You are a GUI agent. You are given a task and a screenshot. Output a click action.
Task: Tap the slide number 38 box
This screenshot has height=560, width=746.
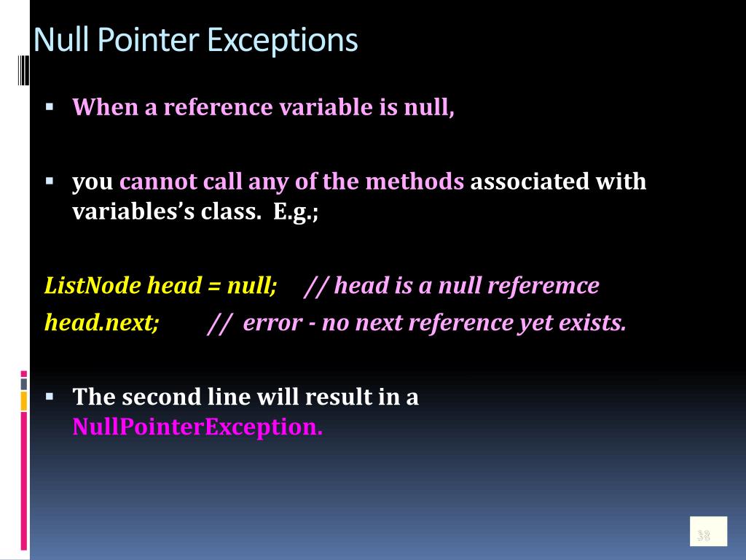coord(708,531)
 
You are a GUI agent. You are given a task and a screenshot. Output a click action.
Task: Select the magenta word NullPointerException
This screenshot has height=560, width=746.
coord(197,427)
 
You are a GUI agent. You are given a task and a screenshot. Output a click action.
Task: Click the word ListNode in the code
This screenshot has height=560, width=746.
coord(93,285)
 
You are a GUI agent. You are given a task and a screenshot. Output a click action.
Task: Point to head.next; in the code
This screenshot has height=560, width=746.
coord(101,322)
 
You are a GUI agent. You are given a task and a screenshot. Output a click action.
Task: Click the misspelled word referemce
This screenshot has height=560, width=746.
coord(543,285)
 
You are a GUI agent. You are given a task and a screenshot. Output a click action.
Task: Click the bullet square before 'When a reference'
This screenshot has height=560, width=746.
coord(50,105)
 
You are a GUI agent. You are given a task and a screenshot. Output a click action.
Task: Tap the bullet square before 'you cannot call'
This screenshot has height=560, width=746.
coord(50,179)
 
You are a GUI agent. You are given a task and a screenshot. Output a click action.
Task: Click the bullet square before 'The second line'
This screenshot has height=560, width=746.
coord(50,396)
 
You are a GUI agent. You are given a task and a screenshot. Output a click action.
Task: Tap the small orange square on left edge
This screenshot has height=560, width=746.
coord(24,400)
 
